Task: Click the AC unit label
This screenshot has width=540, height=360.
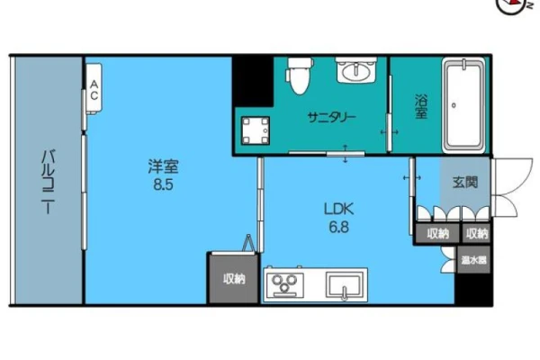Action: click(x=94, y=90)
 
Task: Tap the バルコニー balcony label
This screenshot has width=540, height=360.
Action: click(x=48, y=182)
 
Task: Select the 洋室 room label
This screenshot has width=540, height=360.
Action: click(x=163, y=166)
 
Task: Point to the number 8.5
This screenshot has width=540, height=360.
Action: click(x=163, y=185)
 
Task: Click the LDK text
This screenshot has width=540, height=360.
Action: click(x=339, y=209)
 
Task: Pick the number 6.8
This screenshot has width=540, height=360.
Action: click(x=339, y=227)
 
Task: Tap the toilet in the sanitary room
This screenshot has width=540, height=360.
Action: click(x=299, y=76)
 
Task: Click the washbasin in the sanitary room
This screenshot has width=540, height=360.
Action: click(x=356, y=70)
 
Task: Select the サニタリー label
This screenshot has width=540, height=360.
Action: click(x=331, y=118)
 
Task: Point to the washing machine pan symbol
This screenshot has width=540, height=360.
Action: click(x=256, y=130)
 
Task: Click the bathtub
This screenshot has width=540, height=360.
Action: click(x=463, y=105)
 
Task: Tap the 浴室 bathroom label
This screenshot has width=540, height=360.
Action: click(x=421, y=107)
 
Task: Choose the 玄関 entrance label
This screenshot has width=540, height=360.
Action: click(x=465, y=182)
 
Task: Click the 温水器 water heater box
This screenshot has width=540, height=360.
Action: click(x=474, y=260)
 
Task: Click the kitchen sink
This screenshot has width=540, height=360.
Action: click(x=345, y=285)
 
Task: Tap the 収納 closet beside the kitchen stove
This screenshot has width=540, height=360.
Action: click(x=234, y=278)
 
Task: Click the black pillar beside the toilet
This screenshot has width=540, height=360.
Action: click(x=253, y=81)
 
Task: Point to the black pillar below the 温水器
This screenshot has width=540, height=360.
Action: click(x=473, y=289)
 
